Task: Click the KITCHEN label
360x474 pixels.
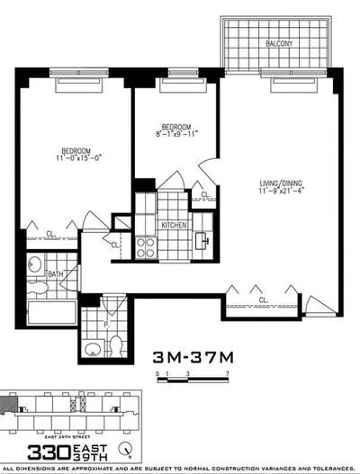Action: click(x=174, y=225)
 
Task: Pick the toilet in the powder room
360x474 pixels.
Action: click(x=115, y=344)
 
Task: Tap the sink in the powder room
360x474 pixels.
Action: click(x=93, y=346)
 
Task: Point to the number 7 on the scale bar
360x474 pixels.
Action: click(x=229, y=371)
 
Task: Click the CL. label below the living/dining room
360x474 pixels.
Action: click(x=263, y=300)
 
